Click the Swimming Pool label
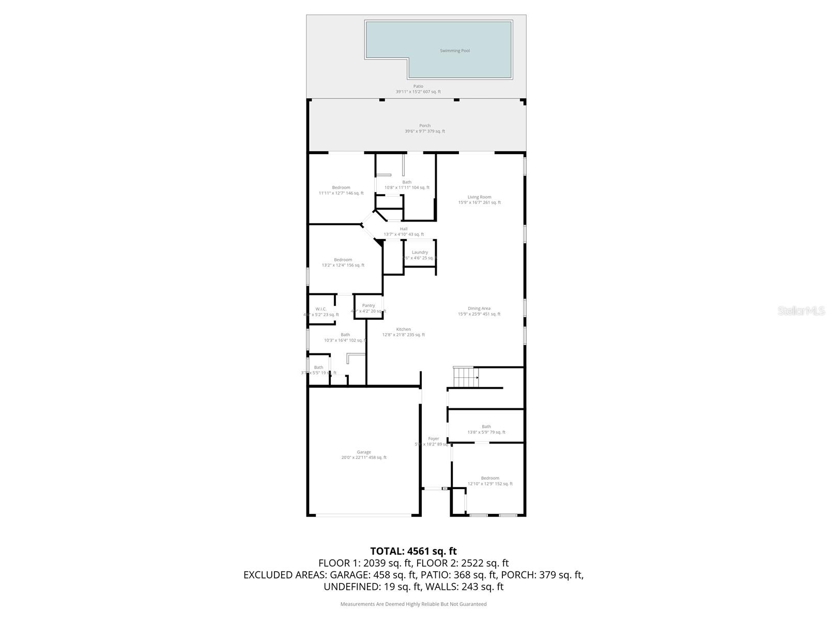coord(455,51)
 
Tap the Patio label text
coord(418,86)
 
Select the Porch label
coord(425,126)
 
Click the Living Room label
coord(479,197)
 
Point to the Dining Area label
coord(479,308)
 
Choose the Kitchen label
coord(404,329)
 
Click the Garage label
coord(364,452)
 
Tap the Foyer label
coord(433,439)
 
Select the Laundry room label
coord(420,253)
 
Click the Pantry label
coord(369,306)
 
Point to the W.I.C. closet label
coord(321,309)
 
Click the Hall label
coord(404,229)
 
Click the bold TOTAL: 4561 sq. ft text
coord(413,551)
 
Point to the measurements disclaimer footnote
coord(413,604)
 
